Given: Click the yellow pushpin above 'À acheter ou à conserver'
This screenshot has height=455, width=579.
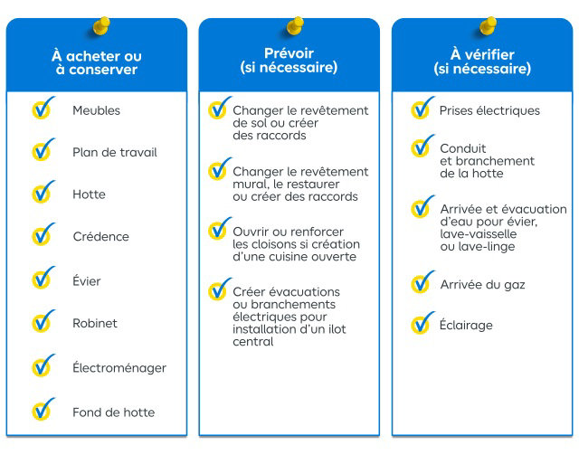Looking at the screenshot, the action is pyautogui.click(x=101, y=26).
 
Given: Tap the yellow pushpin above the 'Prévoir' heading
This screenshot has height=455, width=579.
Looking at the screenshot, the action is pyautogui.click(x=295, y=26).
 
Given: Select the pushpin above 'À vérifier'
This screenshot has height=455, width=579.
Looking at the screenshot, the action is pyautogui.click(x=488, y=26).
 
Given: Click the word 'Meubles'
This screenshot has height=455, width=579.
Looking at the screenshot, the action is pyautogui.click(x=97, y=110).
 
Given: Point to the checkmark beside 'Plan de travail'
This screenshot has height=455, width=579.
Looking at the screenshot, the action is pyautogui.click(x=43, y=149).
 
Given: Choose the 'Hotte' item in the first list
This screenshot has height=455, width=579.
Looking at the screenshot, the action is pyautogui.click(x=89, y=194).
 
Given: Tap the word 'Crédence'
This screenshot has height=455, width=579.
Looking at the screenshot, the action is pyautogui.click(x=101, y=236).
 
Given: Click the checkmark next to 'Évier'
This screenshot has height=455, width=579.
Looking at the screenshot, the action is pyautogui.click(x=43, y=278).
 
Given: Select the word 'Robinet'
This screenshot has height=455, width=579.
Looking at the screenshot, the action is pyautogui.click(x=95, y=323).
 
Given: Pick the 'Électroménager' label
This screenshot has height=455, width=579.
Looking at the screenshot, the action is pyautogui.click(x=119, y=367).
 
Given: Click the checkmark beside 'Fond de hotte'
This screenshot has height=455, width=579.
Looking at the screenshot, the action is pyautogui.click(x=43, y=409).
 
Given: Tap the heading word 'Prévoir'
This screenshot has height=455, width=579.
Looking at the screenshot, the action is pyautogui.click(x=289, y=53).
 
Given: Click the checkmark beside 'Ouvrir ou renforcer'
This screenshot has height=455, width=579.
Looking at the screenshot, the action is pyautogui.click(x=220, y=229).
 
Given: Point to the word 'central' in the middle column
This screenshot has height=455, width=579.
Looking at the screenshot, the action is pyautogui.click(x=253, y=342).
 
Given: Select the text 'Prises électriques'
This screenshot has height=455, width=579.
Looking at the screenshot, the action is pyautogui.click(x=489, y=110).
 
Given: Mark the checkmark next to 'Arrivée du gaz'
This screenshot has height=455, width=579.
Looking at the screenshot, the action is pyautogui.click(x=422, y=282).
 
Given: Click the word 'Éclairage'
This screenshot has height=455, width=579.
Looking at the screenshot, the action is pyautogui.click(x=466, y=325).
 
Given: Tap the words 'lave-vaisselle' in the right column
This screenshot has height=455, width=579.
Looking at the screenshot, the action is pyautogui.click(x=479, y=233).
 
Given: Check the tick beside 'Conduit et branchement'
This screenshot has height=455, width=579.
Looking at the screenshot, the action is pyautogui.click(x=422, y=146).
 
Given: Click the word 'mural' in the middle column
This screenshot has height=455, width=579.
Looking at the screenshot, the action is pyautogui.click(x=250, y=184).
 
